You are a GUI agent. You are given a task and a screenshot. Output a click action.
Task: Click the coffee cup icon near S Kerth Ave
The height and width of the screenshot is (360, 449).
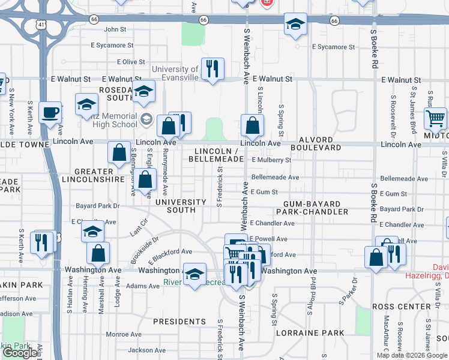[x=50, y=112]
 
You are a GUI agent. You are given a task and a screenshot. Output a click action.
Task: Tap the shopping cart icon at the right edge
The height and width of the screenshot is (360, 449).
[x=435, y=118]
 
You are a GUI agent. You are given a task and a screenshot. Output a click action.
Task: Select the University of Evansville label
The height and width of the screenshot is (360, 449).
[x=175, y=74]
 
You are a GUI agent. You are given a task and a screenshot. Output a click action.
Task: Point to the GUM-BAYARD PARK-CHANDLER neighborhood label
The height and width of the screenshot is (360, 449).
[x=312, y=208]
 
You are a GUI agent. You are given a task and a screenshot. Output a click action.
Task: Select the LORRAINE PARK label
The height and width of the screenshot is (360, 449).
[x=310, y=333]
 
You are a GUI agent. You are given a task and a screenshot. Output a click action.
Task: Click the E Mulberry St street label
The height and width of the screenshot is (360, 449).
[x=271, y=160]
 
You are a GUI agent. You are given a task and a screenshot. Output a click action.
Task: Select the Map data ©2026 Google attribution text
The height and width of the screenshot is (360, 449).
[x=412, y=355]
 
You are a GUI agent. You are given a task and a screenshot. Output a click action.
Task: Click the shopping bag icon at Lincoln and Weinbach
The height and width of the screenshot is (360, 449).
[x=253, y=125]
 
